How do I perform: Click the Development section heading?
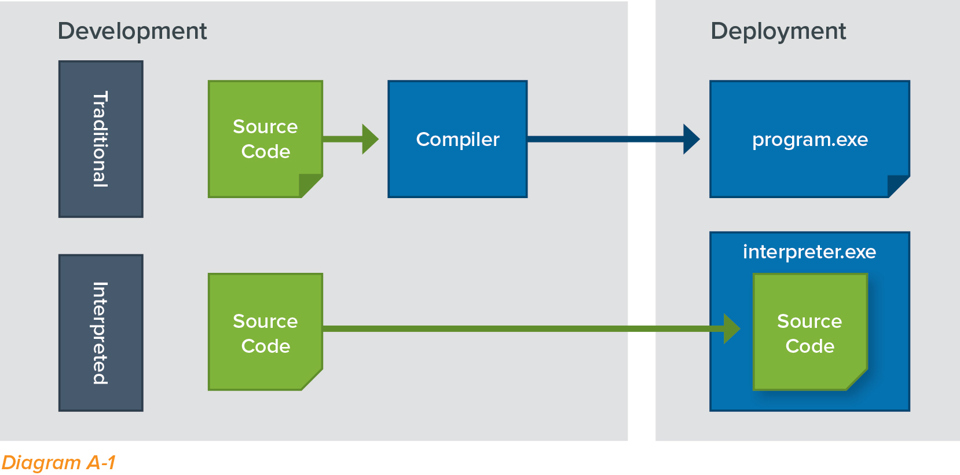[132, 31]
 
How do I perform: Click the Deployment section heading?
[778, 31]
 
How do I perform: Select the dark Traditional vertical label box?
[101, 139]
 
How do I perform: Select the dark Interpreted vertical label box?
[101, 333]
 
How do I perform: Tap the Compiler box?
[457, 139]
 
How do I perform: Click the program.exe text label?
[809, 140]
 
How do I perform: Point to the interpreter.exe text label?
[809, 252]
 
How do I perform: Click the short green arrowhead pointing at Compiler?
[369, 139]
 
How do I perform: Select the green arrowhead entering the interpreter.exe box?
[731, 329]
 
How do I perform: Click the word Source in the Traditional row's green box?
[265, 127]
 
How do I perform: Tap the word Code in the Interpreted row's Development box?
[265, 346]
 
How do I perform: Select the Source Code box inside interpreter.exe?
[809, 332]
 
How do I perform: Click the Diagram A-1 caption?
[58, 462]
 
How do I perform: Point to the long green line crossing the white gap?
[642, 329]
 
